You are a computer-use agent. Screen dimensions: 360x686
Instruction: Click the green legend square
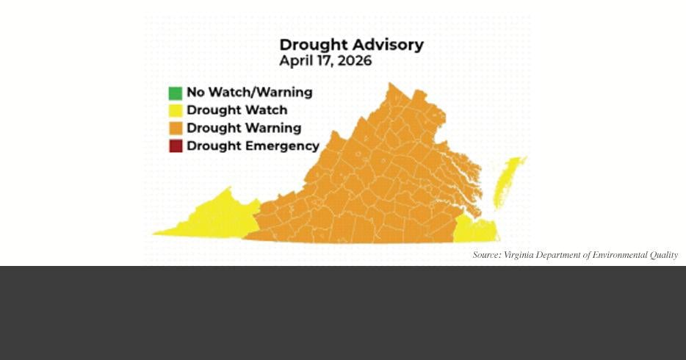(x=175, y=93)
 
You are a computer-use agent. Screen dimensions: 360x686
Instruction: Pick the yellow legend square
(x=175, y=111)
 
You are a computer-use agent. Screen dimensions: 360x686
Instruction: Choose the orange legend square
(x=175, y=129)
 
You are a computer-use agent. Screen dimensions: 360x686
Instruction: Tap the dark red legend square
(x=175, y=146)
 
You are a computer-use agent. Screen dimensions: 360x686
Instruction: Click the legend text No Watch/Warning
(x=249, y=93)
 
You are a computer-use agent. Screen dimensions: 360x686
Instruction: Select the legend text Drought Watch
(x=237, y=110)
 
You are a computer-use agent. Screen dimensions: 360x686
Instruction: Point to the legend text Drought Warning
(x=244, y=128)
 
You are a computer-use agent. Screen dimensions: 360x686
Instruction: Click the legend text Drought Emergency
(x=253, y=145)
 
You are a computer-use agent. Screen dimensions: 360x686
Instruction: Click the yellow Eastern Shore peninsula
(x=508, y=180)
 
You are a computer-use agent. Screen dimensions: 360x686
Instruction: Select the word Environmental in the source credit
(x=618, y=256)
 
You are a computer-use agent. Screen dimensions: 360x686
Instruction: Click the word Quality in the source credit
(x=662, y=256)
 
